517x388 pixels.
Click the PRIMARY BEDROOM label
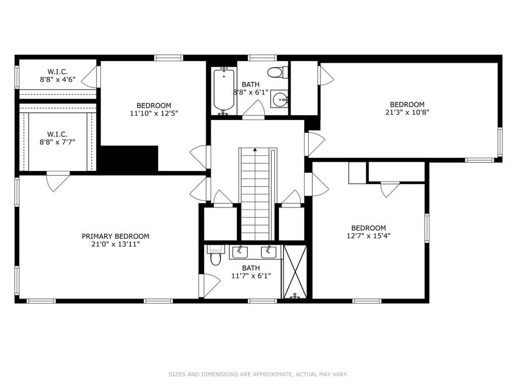115,236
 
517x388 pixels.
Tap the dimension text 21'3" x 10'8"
407,112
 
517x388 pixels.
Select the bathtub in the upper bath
224,91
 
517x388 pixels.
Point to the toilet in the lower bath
215,255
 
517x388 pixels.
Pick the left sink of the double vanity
240,252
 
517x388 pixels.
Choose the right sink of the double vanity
269,252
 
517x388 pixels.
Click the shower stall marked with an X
295,272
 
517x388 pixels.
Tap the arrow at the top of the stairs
255,149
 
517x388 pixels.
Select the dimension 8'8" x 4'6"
58,79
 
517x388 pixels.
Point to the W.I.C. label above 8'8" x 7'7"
58,134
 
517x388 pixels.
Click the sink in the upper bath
280,99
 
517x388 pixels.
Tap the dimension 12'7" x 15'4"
368,236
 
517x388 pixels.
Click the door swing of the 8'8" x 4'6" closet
89,76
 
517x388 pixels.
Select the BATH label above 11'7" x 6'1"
251,268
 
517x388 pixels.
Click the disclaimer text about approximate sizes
258,374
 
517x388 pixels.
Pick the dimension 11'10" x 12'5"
154,113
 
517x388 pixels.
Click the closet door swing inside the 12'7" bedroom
390,190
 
